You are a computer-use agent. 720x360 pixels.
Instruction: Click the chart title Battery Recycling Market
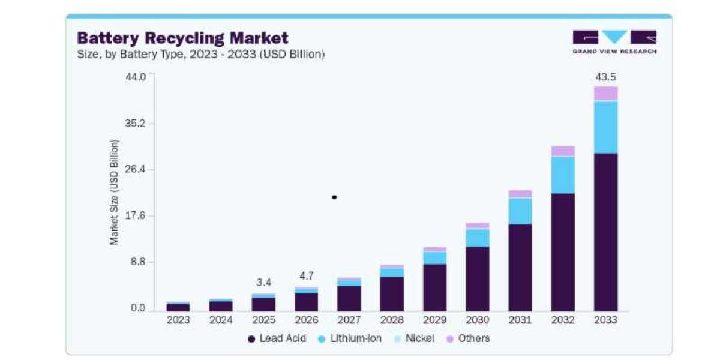(x=182, y=38)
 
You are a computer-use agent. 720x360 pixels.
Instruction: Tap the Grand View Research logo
(x=614, y=42)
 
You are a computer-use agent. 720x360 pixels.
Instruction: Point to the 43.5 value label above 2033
(x=605, y=77)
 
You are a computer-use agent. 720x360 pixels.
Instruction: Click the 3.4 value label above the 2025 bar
(x=263, y=283)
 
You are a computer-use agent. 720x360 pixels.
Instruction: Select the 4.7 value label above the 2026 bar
(x=307, y=276)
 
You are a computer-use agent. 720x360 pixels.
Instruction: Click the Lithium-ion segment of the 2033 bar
(x=605, y=128)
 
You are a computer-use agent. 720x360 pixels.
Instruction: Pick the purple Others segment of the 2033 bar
(x=605, y=93)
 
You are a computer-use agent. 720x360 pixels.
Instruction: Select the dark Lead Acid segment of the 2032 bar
(x=563, y=253)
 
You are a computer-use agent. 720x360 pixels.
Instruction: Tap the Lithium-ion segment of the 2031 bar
(x=520, y=211)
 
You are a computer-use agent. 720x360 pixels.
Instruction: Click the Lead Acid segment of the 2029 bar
(x=434, y=287)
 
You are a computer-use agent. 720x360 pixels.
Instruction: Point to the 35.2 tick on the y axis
(x=136, y=123)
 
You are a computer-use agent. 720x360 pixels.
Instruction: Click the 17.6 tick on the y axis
(x=136, y=215)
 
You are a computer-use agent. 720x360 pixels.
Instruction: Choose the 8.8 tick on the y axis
(x=138, y=262)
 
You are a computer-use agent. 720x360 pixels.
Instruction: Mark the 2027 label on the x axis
(x=349, y=320)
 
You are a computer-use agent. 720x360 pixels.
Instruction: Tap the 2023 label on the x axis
(x=178, y=320)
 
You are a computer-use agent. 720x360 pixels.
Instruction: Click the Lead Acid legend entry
(x=277, y=338)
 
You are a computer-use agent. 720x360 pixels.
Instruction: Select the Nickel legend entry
(x=414, y=338)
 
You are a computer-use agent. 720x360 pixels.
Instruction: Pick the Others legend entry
(x=469, y=338)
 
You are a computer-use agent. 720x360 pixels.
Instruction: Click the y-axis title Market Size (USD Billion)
(x=114, y=192)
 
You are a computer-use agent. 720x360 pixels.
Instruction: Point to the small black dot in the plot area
(x=334, y=197)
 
